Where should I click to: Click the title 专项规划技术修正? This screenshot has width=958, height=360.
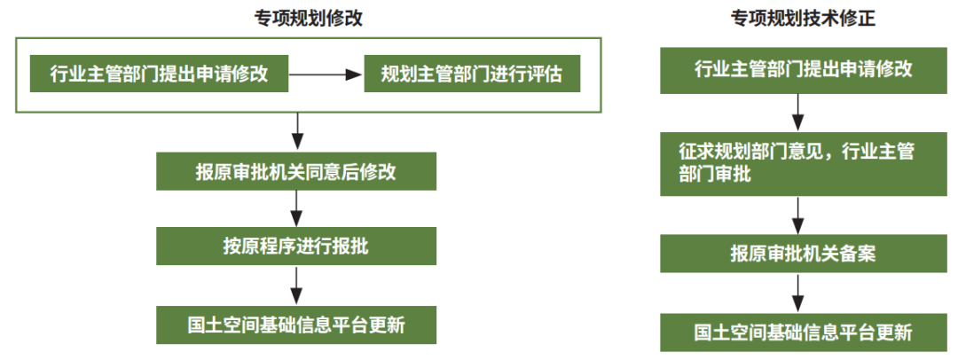(804, 19)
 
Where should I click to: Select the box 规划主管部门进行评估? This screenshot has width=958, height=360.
(472, 74)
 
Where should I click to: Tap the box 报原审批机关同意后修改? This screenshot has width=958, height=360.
(296, 171)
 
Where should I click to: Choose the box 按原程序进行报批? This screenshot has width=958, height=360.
(296, 247)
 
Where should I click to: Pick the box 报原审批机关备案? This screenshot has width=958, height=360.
(804, 254)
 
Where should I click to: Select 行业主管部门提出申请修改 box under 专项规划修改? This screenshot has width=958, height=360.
(159, 74)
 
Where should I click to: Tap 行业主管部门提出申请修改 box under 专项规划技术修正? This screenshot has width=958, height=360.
(804, 68)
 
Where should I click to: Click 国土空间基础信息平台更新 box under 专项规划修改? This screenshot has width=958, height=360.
(296, 325)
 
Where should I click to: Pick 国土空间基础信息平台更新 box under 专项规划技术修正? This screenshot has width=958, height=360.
(804, 333)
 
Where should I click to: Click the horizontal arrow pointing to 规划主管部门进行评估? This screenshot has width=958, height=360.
(326, 74)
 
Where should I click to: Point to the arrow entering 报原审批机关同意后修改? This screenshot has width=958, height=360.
(296, 131)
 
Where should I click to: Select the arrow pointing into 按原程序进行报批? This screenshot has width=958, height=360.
(296, 208)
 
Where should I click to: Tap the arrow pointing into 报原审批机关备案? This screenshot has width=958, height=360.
(798, 215)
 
